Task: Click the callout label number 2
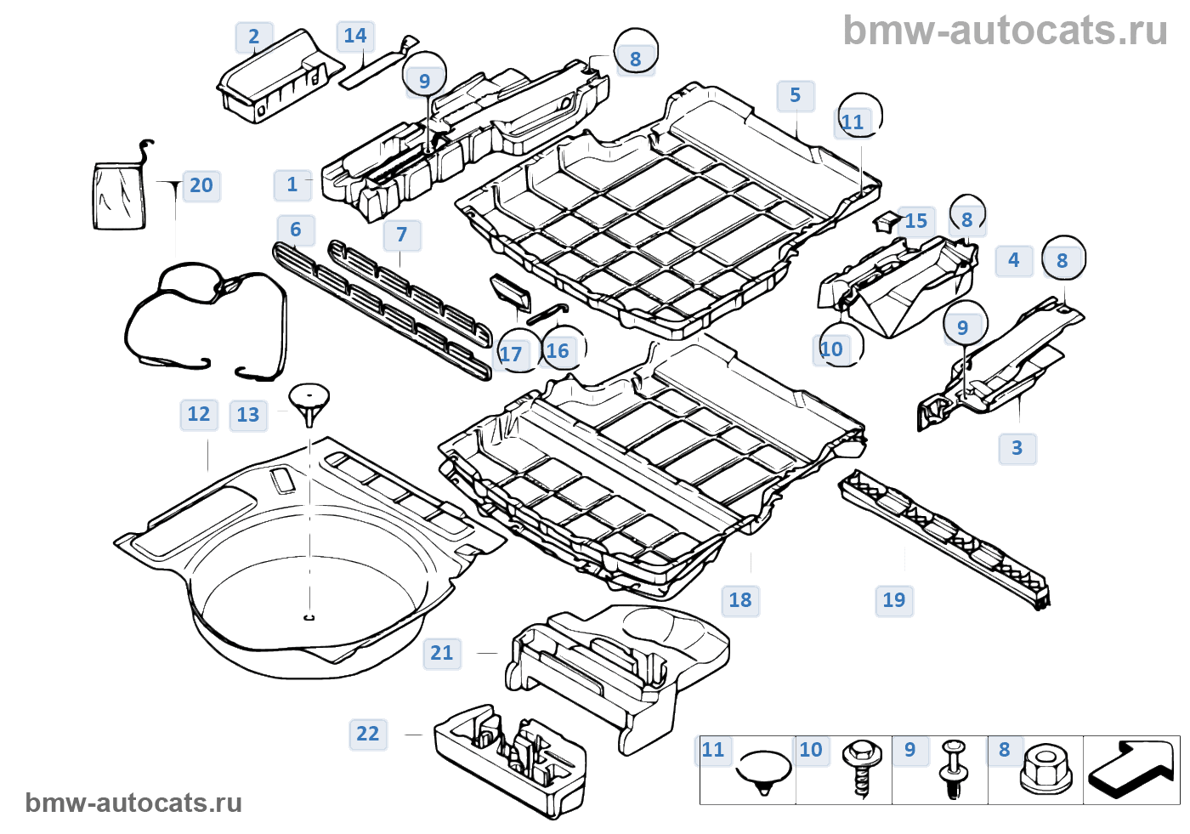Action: pos(253,37)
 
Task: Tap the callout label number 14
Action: pos(355,36)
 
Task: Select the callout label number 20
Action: pos(201,185)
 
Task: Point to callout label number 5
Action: pos(796,95)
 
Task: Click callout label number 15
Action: pos(916,221)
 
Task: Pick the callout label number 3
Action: pos(1017,448)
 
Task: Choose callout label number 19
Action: pos(894,600)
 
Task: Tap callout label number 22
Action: pos(368,734)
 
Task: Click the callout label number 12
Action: pos(199,414)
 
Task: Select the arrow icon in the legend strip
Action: pos(1130,769)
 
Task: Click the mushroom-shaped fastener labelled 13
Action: pos(309,403)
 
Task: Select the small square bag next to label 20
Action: pos(119,197)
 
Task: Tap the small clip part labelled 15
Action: pos(885,222)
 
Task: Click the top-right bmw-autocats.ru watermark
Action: pos(1005,31)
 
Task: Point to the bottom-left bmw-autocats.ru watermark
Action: pos(133,803)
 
